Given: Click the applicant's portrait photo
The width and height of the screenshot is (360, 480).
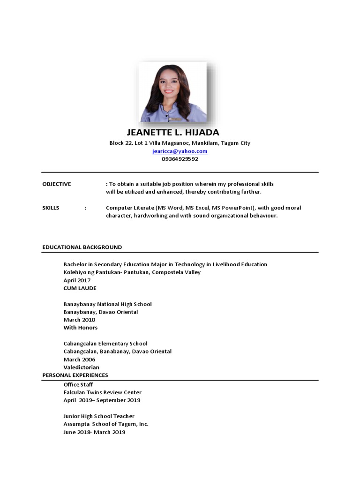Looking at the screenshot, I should click(172, 92).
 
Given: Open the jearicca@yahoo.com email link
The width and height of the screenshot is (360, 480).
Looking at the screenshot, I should click(180, 151).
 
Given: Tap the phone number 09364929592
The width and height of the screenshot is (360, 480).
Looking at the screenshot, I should click(180, 159).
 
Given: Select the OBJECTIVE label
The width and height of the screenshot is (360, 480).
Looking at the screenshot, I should click(57, 184).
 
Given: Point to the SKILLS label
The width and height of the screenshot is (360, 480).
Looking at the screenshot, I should click(51, 208).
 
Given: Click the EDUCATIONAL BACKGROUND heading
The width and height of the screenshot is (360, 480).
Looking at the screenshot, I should click(82, 247).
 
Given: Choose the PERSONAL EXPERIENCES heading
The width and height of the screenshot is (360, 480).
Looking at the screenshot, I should click(75, 375).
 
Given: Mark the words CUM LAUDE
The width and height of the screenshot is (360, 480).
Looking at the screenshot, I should click(80, 288).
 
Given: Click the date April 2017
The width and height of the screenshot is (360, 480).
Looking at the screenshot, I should click(77, 280).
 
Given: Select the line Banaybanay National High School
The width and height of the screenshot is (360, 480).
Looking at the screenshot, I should click(108, 304).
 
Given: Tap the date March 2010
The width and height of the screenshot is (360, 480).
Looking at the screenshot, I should click(79, 320).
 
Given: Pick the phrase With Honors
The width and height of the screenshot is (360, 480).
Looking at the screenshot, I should click(81, 328).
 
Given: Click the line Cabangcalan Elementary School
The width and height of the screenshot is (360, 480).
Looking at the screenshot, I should click(105, 344).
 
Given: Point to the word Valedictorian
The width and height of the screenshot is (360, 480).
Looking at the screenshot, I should click(82, 367).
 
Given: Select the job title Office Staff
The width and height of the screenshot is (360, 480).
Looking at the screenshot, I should click(78, 384).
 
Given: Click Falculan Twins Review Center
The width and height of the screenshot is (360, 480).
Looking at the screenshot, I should click(103, 392).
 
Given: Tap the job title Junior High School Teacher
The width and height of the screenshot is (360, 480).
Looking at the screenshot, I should click(99, 416).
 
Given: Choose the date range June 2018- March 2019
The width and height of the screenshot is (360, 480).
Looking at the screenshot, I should click(94, 432).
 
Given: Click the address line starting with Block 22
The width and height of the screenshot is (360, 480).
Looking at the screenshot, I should click(180, 143).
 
